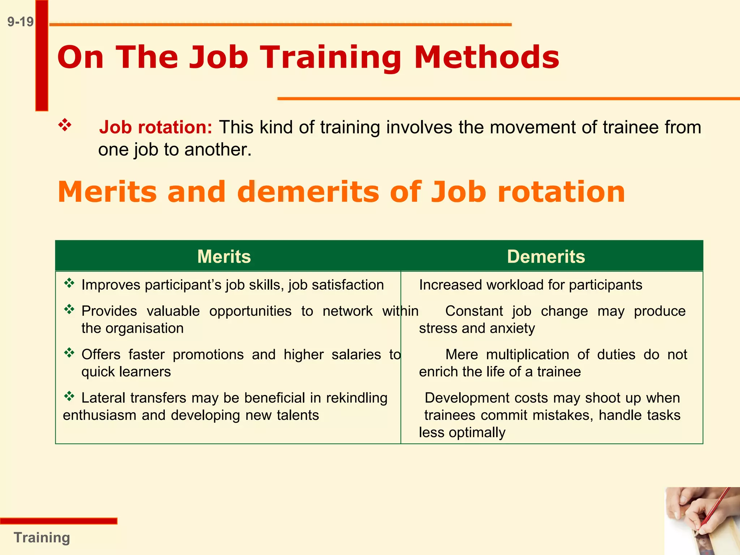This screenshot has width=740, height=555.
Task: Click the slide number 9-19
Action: click(x=20, y=22)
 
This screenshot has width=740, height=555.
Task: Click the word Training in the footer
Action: click(x=42, y=538)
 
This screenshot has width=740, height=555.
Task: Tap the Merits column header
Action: click(x=224, y=257)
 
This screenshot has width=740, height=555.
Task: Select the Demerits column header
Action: click(x=546, y=257)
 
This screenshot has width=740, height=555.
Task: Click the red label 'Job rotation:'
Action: click(x=156, y=127)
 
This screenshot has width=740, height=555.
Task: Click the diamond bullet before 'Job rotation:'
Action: click(x=65, y=125)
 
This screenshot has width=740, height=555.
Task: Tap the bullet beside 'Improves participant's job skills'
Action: click(x=69, y=283)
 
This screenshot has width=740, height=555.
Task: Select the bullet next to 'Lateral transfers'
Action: click(x=69, y=396)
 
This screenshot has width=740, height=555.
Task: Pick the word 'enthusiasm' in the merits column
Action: click(x=100, y=416)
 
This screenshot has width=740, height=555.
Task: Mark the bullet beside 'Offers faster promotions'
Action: click(x=69, y=353)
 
